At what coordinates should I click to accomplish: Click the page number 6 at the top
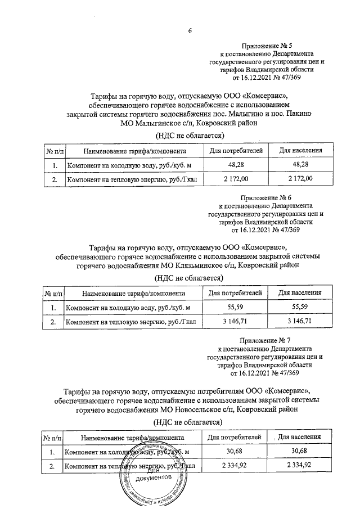(190, 31)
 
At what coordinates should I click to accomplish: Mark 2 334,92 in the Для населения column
(301, 465)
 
